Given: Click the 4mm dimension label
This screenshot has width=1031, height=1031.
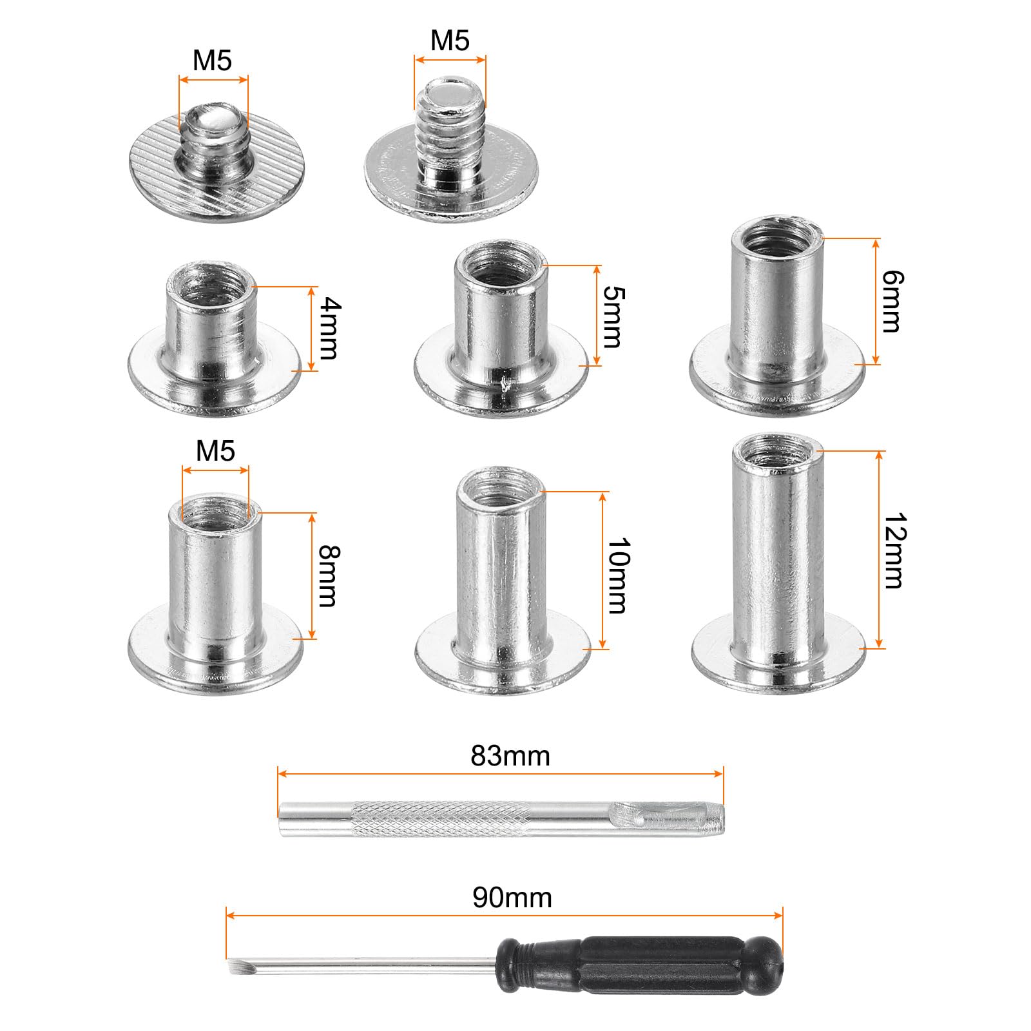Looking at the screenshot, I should click(x=329, y=329).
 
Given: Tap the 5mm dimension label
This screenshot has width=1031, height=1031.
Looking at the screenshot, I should click(x=613, y=317).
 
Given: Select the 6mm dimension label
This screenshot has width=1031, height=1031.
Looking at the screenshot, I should click(x=892, y=302).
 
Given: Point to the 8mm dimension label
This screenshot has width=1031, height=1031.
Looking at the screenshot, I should click(x=328, y=576).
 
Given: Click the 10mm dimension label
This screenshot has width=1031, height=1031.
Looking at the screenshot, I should click(x=617, y=575).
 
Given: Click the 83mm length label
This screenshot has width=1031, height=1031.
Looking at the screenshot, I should click(x=510, y=756).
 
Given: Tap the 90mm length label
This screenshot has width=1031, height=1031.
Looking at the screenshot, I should click(x=512, y=898).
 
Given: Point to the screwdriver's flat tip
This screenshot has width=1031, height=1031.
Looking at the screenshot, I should click(x=234, y=967).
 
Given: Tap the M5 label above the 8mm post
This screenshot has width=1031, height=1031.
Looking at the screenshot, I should click(x=215, y=451).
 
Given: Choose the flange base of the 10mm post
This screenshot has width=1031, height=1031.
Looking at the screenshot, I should click(x=503, y=667).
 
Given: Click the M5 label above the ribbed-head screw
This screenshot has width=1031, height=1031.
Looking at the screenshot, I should click(x=212, y=61).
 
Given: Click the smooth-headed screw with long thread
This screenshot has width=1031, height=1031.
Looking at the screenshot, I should click(x=451, y=161).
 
